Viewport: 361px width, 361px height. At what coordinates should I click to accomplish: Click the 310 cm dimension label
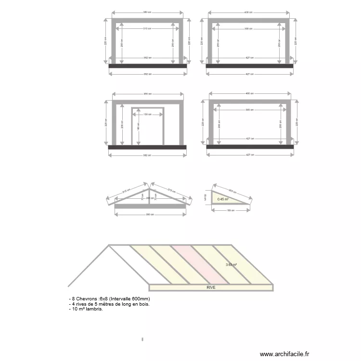pos(147,29)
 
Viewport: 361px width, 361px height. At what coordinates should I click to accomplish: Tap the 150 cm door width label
pos(147,115)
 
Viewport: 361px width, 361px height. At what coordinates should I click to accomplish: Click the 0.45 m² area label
pos(222,199)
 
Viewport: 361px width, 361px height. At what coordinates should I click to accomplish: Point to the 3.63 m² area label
pos(232,264)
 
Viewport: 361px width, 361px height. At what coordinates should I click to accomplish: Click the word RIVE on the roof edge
pos(211,287)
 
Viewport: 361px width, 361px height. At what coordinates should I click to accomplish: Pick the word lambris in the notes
pos(96,309)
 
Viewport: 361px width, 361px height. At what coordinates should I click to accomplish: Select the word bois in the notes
pos(143,304)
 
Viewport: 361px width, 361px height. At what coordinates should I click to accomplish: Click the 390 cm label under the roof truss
pos(149,214)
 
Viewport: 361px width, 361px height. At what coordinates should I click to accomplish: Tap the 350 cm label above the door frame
pos(147,94)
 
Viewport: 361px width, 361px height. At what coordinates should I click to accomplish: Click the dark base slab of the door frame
pos(147,147)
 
